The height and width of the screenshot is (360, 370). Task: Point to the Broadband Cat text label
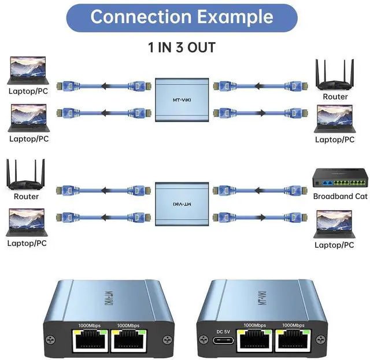(340, 196)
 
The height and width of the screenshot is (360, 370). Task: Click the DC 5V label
(223, 331)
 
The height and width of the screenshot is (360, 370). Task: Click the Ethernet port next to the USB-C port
(256, 342)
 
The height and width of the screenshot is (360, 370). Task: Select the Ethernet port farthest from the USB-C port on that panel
(291, 342)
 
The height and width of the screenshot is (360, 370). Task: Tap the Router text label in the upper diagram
(335, 97)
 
